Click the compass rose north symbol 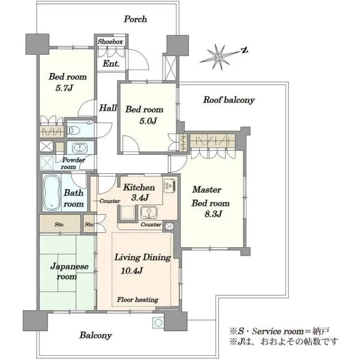[245, 50]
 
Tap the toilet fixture [73, 131]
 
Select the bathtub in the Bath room [52, 193]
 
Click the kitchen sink [149, 212]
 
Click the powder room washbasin [79, 148]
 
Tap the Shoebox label [110, 42]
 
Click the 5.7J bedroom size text [64, 88]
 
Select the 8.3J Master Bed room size [213, 214]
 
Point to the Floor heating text [137, 299]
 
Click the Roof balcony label [229, 100]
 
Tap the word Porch [136, 19]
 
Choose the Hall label [108, 107]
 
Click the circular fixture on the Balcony [158, 323]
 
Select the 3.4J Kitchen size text [140, 197]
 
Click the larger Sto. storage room [60, 224]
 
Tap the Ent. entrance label [111, 64]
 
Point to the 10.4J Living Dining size [132, 271]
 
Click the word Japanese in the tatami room [70, 267]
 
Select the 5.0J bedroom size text [148, 121]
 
